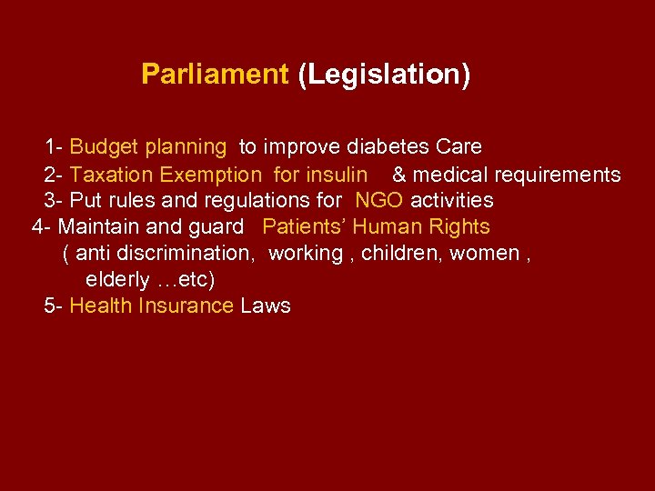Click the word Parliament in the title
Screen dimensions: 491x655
214,75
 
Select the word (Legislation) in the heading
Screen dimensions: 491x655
384,75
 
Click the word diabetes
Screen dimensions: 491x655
392,146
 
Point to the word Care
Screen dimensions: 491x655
458,146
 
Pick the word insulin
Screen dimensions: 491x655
337,175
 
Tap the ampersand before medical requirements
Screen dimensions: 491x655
399,175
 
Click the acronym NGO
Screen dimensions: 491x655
379,200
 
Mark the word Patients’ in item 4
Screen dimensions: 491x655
304,226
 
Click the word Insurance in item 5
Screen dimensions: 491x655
186,306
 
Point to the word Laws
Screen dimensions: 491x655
266,306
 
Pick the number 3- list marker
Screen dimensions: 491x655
53,200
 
